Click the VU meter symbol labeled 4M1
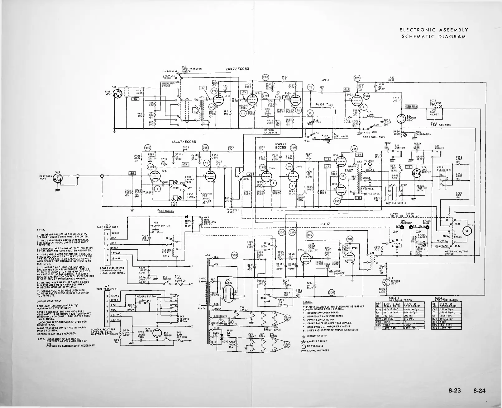tap(466, 231)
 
